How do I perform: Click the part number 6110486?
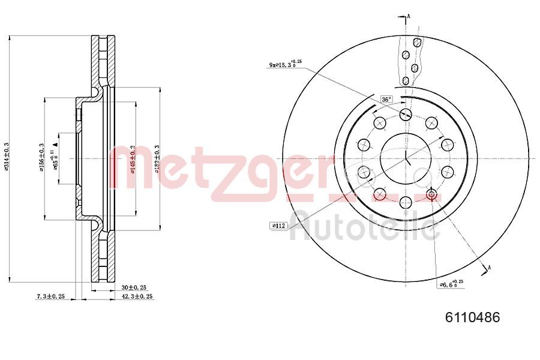(472, 317)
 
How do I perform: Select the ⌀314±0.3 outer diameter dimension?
(6, 158)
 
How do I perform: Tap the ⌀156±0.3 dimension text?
(41, 158)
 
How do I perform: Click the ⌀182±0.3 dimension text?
(157, 159)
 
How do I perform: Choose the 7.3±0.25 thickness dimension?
(50, 296)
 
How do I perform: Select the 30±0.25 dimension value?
(133, 287)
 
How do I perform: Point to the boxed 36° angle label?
(386, 99)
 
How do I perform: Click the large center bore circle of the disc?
(406, 158)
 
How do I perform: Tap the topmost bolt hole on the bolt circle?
(406, 114)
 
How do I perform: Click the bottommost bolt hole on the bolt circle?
(406, 202)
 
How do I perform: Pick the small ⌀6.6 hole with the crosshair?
(431, 194)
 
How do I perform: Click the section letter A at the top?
(409, 16)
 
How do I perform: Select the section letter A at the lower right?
(491, 267)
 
